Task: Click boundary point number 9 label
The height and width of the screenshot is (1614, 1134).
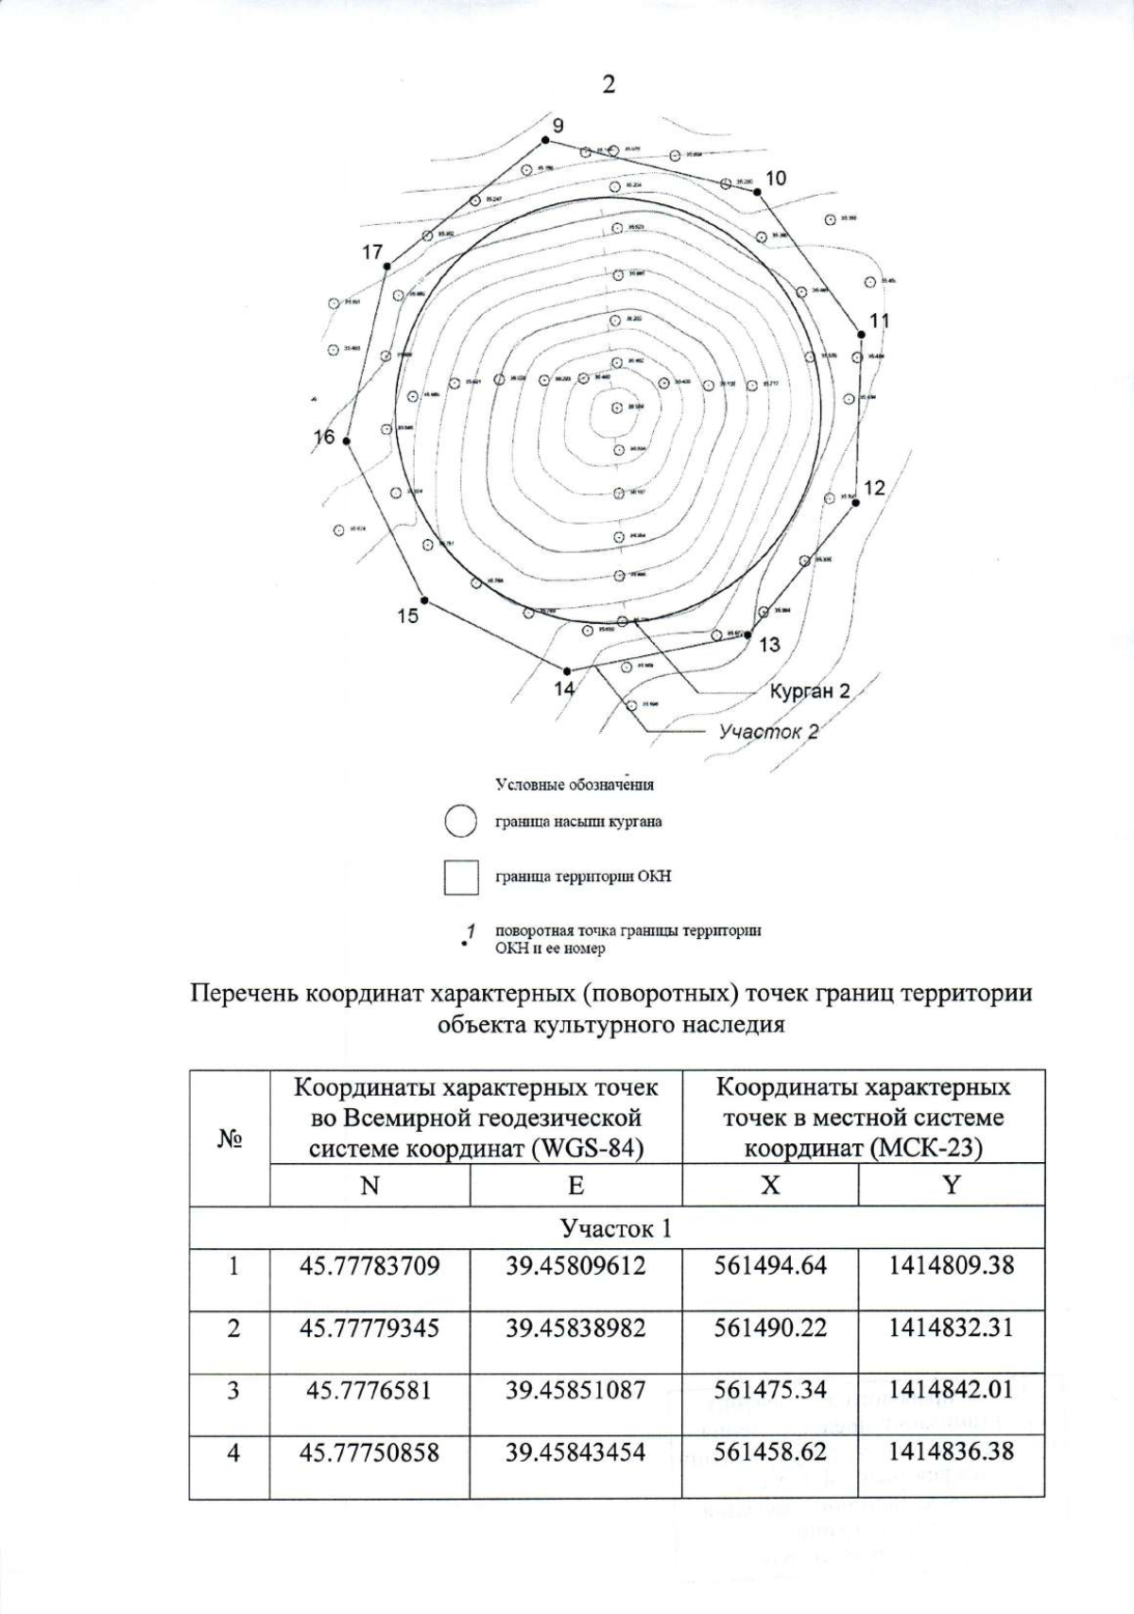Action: coord(558,125)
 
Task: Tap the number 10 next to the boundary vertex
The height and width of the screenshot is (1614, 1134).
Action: coord(776,178)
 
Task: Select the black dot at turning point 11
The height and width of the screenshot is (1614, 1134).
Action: coord(860,334)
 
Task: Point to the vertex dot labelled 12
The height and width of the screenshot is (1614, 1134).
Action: coord(855,503)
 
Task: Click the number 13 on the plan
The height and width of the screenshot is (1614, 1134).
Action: coord(769,645)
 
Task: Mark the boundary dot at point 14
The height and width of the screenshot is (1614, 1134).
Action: coord(567,671)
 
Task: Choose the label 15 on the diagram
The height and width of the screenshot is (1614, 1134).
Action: coord(407,616)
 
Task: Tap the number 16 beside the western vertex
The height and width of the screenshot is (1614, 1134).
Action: coord(324,437)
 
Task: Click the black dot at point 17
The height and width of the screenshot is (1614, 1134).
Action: coord(387,267)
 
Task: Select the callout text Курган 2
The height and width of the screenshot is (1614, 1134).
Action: coord(809,691)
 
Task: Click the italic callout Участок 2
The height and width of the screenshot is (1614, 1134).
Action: coord(767,732)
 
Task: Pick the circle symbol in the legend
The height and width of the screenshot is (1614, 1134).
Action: coord(460,821)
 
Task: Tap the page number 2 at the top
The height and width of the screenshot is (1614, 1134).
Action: coord(608,84)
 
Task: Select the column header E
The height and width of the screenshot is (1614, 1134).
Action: coord(576,1185)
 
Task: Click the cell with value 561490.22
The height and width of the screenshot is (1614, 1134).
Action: coord(770,1328)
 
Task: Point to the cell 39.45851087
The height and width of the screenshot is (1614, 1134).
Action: coord(576,1390)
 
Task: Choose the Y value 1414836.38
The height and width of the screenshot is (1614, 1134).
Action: coord(951,1450)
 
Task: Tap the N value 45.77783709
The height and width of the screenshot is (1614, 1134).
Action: coord(369,1265)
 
